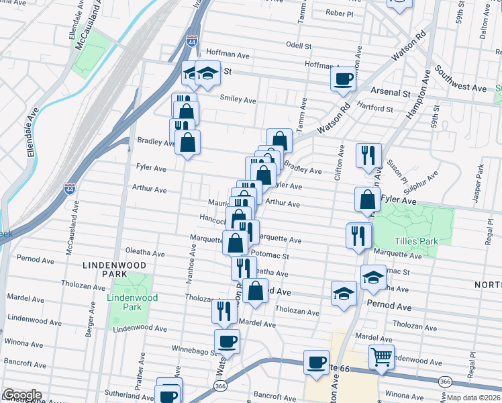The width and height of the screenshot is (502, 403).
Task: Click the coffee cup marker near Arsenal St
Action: point(343,79)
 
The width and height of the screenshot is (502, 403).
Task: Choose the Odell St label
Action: point(299,46)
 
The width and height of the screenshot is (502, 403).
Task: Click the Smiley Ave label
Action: point(238,100)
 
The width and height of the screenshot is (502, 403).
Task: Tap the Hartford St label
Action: point(374,108)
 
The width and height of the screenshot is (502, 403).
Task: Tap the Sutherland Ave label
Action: point(125,395)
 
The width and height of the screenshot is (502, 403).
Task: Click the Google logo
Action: point(21,395)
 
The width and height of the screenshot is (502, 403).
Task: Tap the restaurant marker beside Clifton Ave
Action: point(368,156)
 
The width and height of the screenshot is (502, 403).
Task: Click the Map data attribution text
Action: point(474,398)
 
